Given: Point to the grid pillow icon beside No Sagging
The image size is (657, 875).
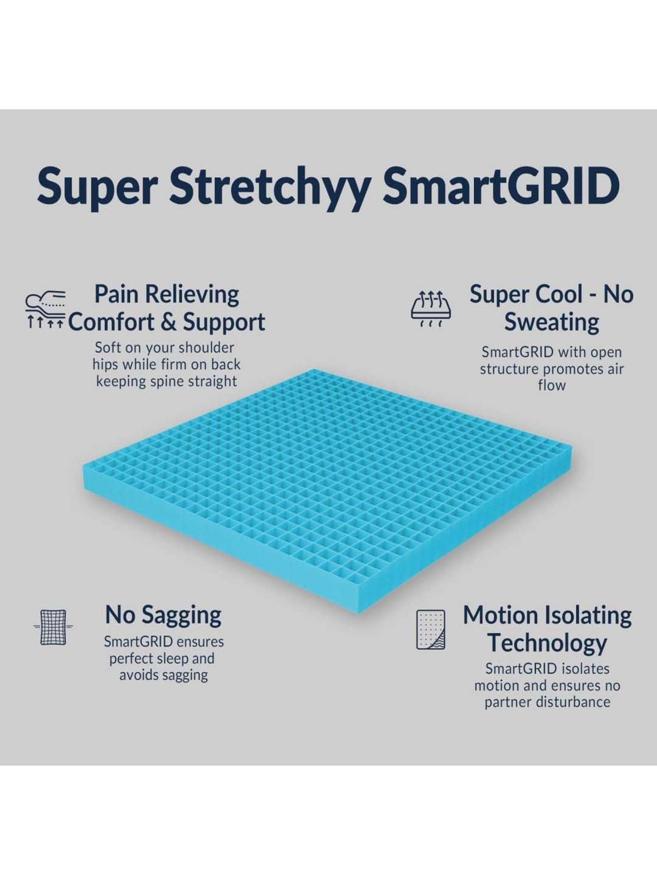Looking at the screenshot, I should [x=53, y=627].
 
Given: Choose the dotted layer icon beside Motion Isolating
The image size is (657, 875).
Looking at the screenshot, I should [x=431, y=629].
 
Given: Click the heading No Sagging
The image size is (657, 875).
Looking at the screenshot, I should [x=163, y=615].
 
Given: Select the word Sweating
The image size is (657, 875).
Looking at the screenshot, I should [x=551, y=322].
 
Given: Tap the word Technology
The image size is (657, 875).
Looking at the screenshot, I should [x=547, y=643].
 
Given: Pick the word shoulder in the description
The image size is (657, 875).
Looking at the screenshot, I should [x=207, y=348].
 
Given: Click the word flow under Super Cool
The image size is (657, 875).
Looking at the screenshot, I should [x=551, y=385].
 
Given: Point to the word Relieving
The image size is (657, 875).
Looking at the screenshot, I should [x=192, y=294].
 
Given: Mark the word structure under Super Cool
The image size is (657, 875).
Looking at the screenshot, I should [x=508, y=369].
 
